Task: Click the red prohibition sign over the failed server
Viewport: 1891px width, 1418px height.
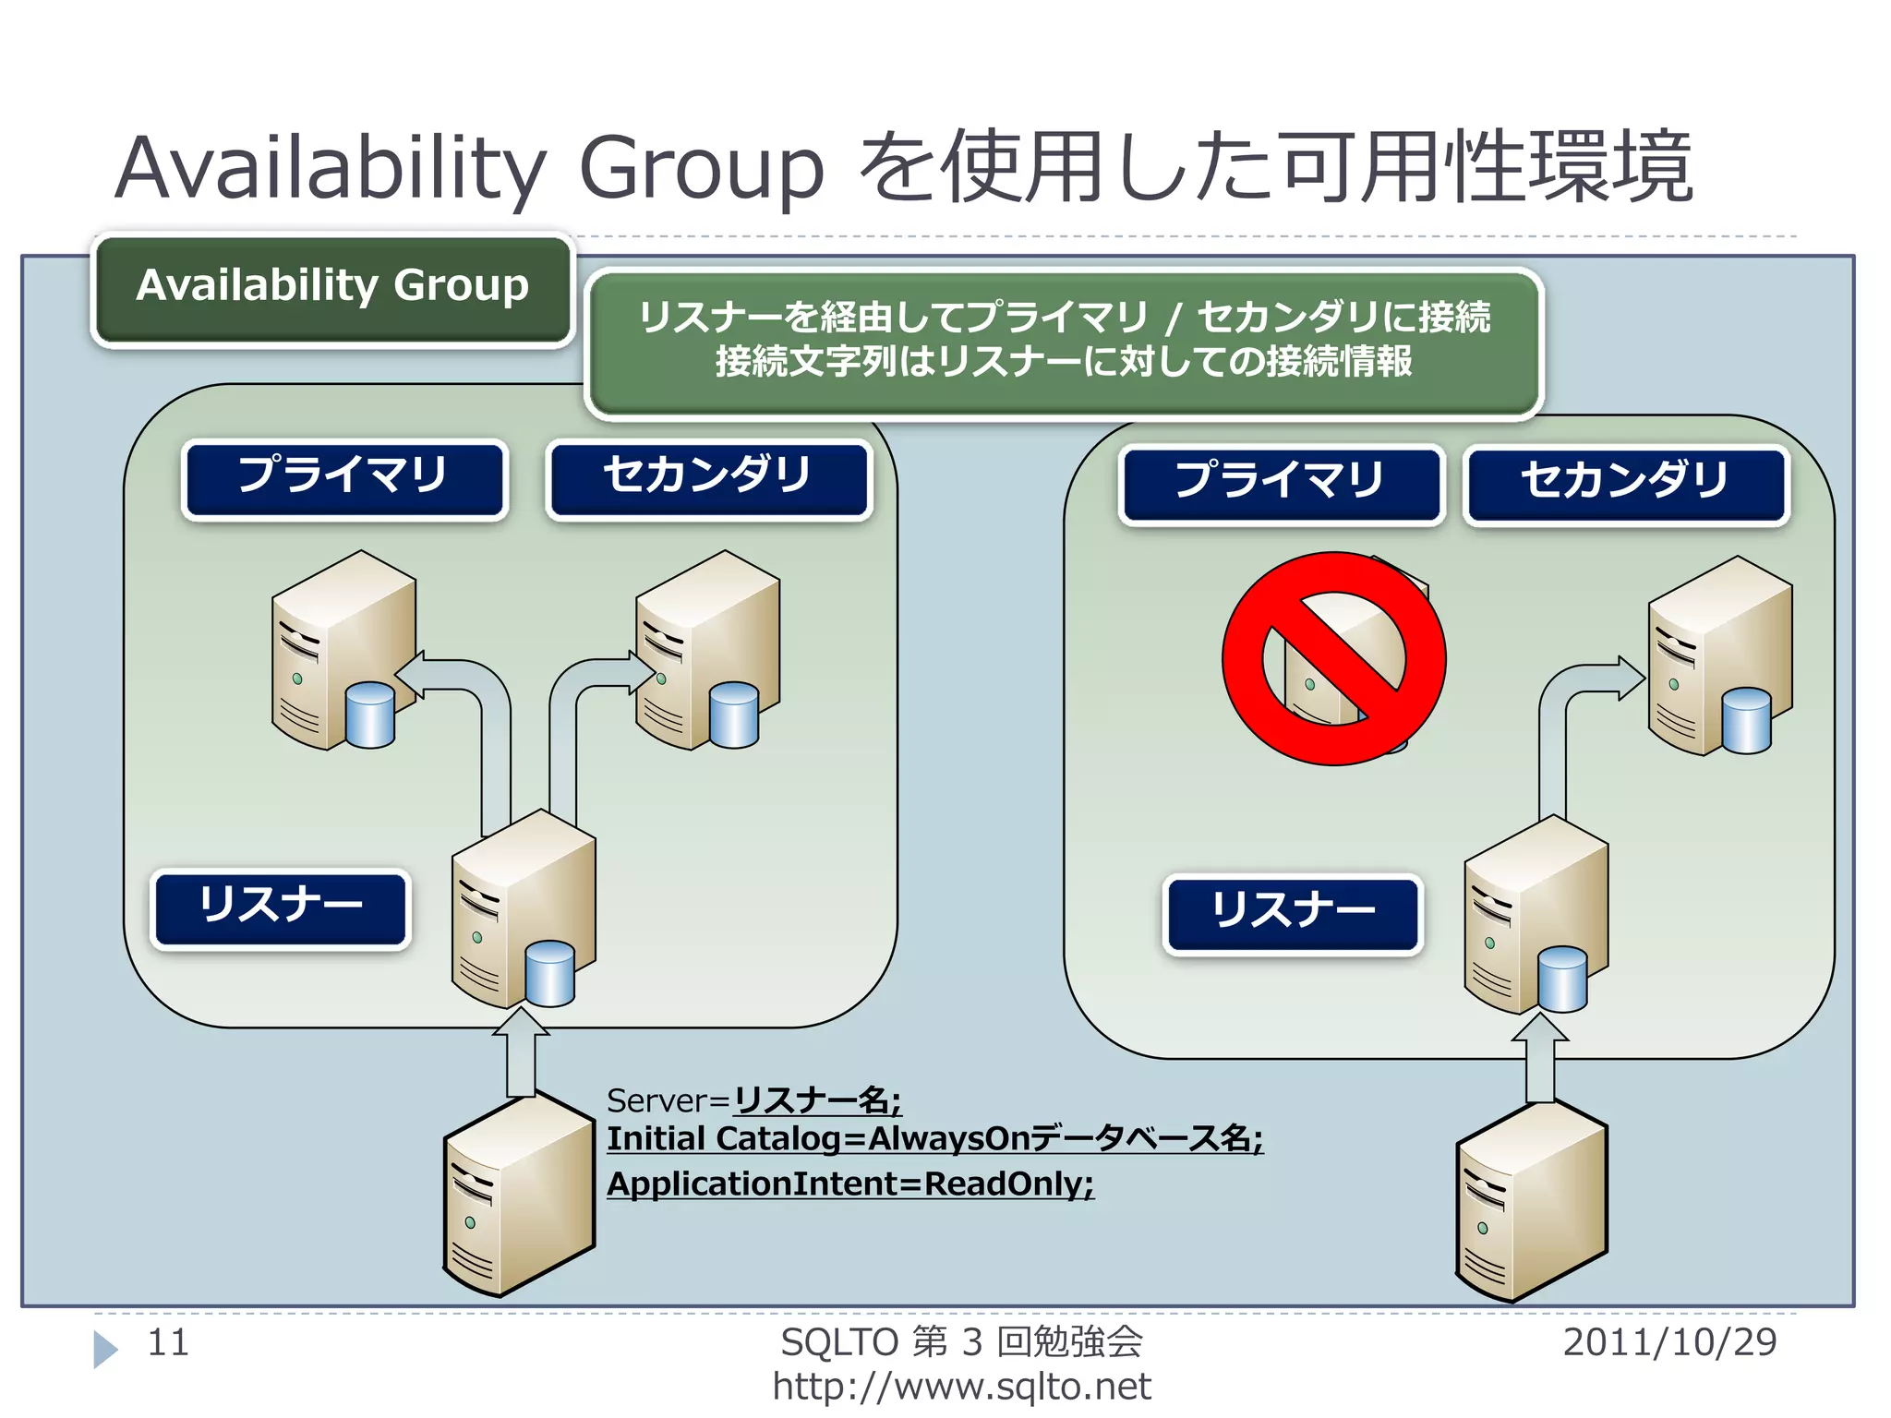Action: tap(1333, 659)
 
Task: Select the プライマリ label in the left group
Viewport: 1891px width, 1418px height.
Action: tap(344, 477)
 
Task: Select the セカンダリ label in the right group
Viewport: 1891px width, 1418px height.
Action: tap(1626, 483)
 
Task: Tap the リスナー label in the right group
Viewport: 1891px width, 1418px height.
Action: tap(1293, 913)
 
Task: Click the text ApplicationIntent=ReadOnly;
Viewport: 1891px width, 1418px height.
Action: tap(849, 1184)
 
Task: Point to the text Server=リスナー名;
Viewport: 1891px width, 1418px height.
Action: tap(753, 1100)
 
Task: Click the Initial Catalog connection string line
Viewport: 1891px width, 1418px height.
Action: tap(933, 1139)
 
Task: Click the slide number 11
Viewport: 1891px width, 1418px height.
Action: tap(168, 1342)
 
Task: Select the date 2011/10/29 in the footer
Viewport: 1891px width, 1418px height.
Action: tap(1669, 1342)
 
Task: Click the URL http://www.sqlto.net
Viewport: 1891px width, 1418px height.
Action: tap(961, 1387)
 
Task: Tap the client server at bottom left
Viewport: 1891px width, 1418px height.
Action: tap(517, 1196)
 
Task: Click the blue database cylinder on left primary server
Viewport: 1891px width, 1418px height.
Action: tap(370, 715)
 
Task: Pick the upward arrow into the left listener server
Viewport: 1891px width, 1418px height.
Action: tap(521, 1052)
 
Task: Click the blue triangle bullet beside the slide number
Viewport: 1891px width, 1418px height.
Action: tap(105, 1349)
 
